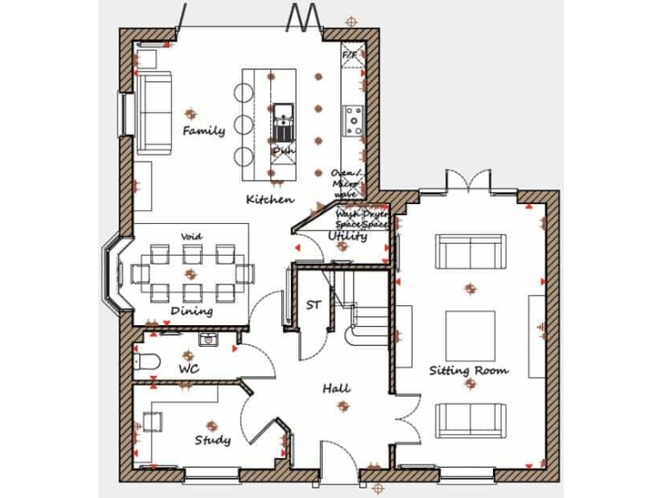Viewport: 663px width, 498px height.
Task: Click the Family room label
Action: point(204,131)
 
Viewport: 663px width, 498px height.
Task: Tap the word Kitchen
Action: point(269,200)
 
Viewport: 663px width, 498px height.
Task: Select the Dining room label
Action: point(191,311)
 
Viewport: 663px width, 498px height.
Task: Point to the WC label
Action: point(188,369)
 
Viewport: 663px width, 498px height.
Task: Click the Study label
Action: point(212,440)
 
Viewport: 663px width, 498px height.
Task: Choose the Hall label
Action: point(336,388)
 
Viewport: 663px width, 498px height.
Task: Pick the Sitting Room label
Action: point(469,370)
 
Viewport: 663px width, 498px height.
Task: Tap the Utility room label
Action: point(348,235)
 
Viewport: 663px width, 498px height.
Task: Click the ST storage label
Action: point(313,304)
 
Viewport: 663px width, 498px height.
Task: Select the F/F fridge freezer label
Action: point(350,55)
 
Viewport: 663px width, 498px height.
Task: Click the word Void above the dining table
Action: point(191,236)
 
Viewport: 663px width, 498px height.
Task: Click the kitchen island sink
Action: point(284,111)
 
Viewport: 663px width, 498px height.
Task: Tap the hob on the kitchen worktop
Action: point(353,119)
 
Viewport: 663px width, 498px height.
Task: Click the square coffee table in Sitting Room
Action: point(470,335)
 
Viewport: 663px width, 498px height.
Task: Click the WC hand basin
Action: point(208,340)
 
